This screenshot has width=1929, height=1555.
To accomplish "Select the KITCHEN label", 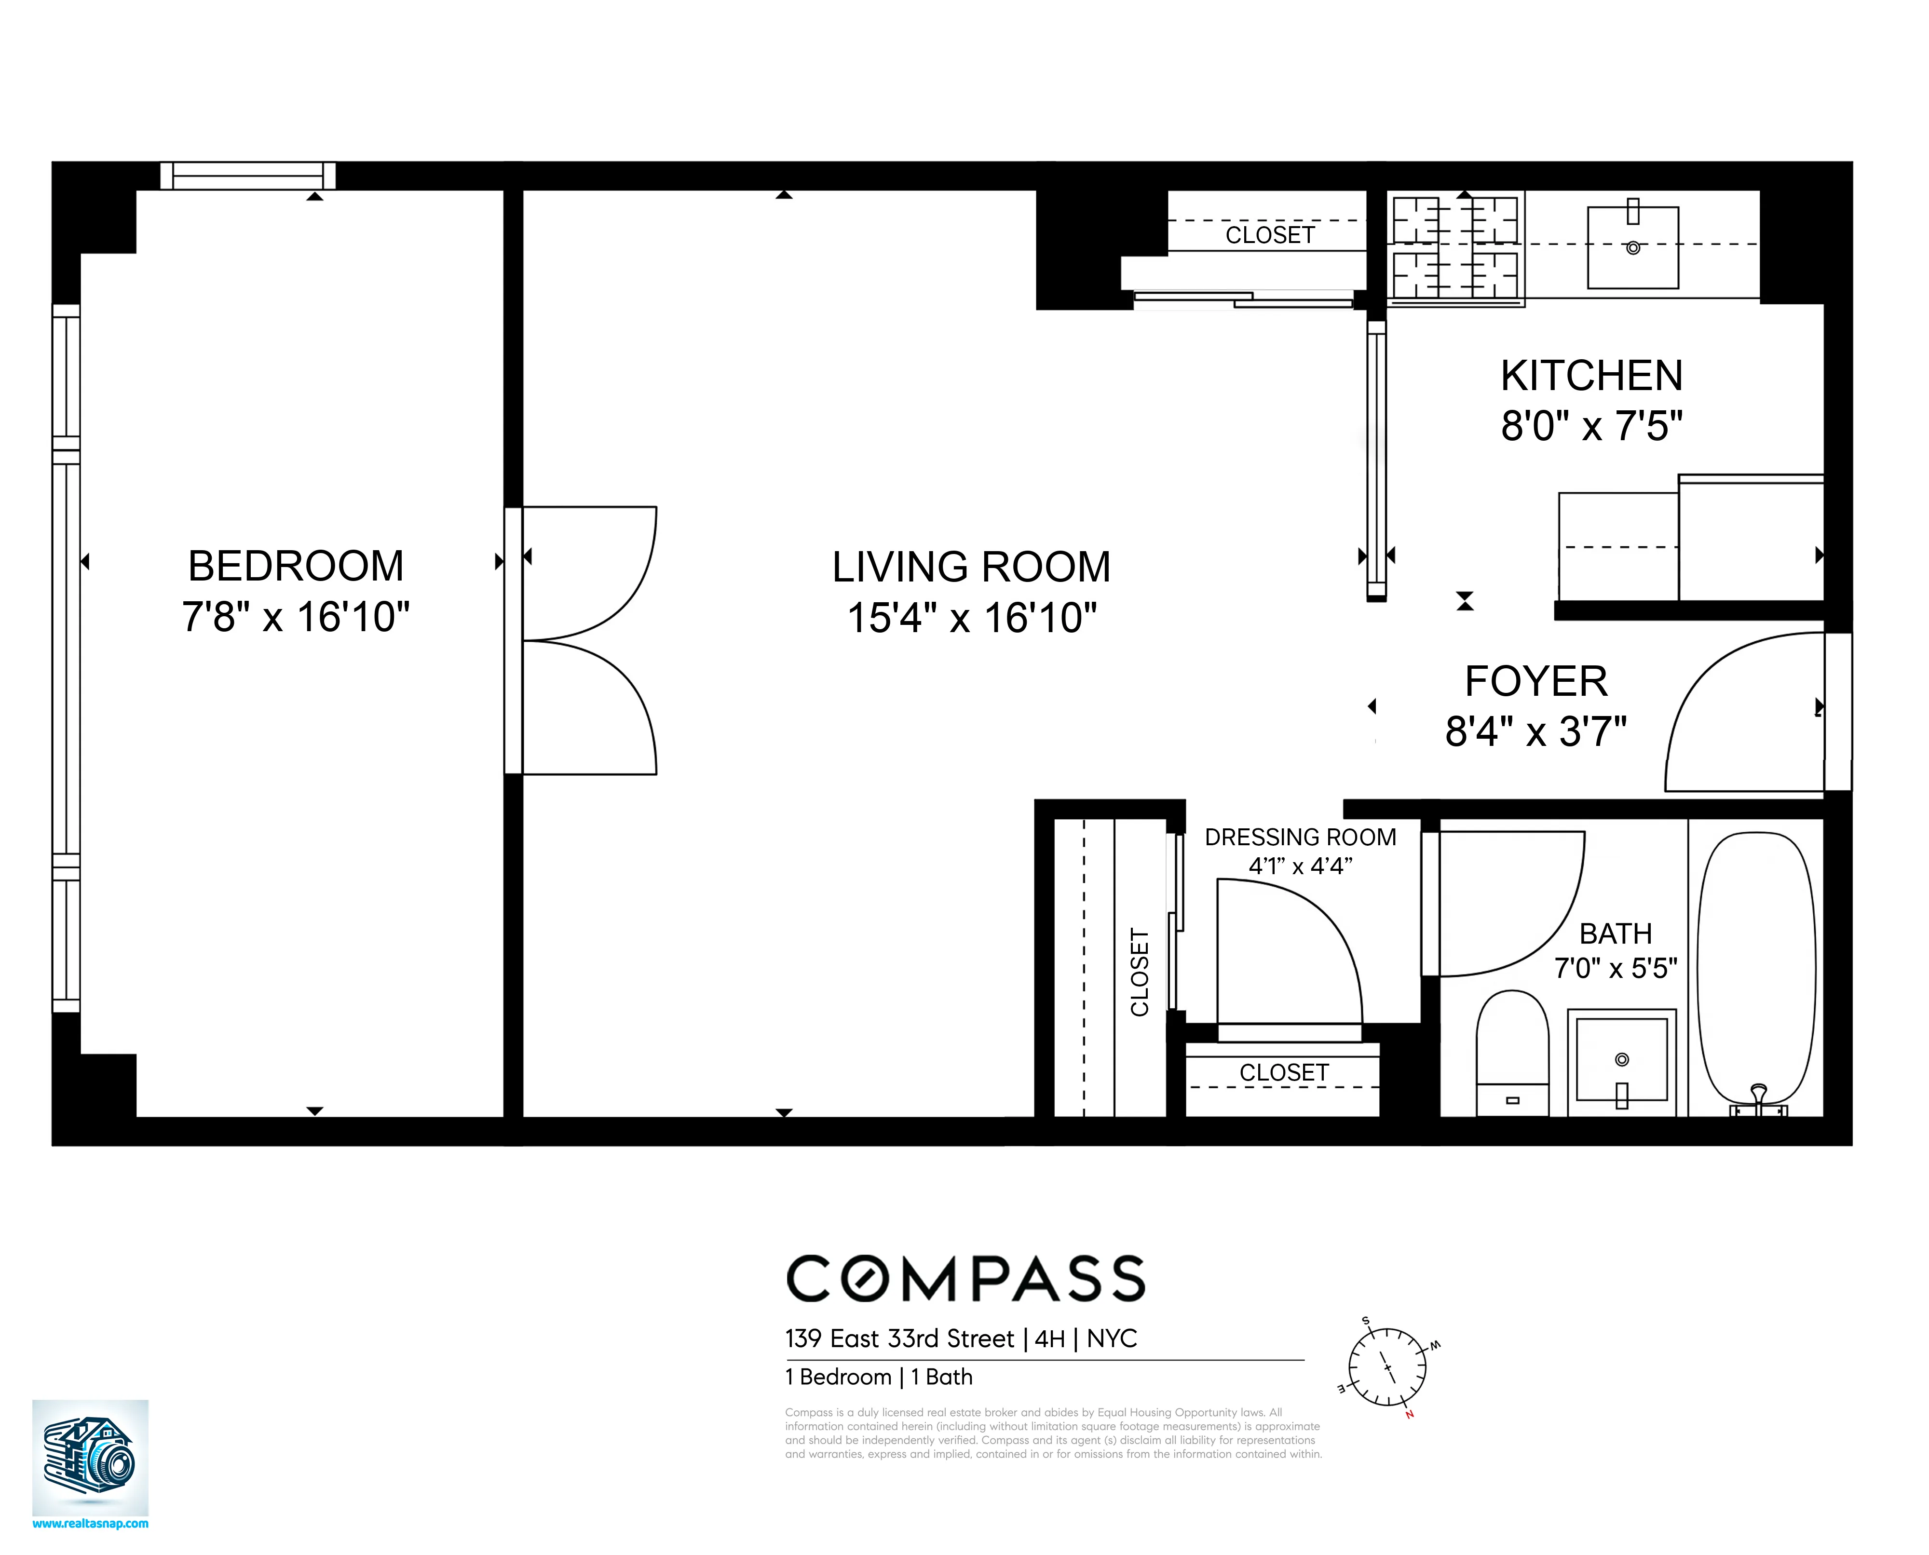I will click(x=1591, y=376).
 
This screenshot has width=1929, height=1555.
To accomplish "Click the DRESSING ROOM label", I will click(x=1300, y=838).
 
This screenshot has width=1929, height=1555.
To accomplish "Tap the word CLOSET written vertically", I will click(x=1140, y=973).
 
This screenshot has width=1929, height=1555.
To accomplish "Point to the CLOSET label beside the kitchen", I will click(x=1270, y=236).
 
